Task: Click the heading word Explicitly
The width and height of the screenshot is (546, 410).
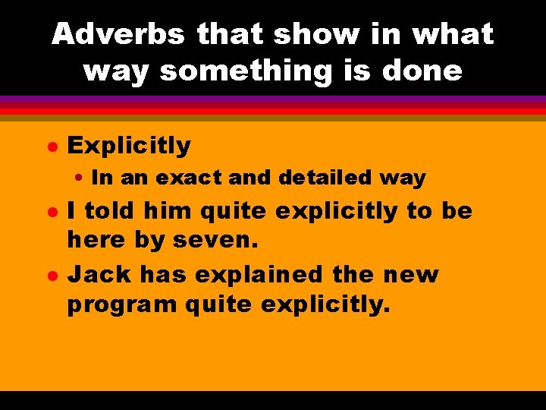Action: click(x=129, y=145)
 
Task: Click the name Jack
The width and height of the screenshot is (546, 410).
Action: click(x=94, y=274)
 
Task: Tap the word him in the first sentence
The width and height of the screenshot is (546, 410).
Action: click(x=164, y=211)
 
